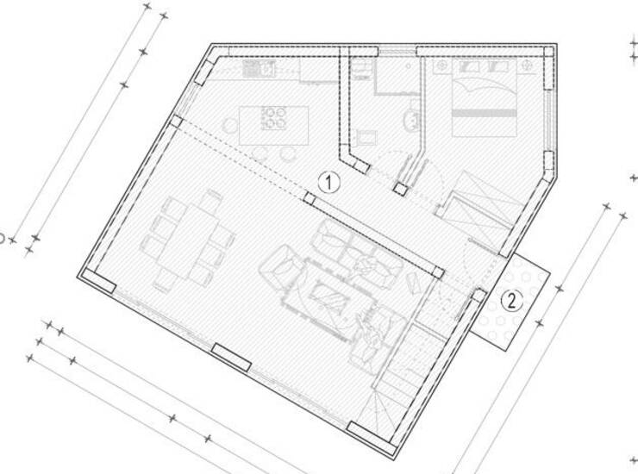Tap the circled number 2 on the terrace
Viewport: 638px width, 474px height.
point(511,301)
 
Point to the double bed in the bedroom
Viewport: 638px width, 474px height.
point(485,97)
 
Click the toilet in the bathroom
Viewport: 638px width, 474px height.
point(412,117)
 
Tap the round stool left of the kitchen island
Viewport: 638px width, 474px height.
point(230,124)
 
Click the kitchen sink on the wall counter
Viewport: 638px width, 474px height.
point(259,67)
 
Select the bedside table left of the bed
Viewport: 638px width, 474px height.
point(441,65)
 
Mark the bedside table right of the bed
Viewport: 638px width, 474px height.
point(526,65)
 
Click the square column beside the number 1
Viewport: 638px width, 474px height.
point(310,197)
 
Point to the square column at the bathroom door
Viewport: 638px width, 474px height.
point(400,189)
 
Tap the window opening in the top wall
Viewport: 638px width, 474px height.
point(397,51)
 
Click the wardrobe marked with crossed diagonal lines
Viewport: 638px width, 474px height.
point(480,209)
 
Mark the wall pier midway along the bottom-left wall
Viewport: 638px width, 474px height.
point(232,357)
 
